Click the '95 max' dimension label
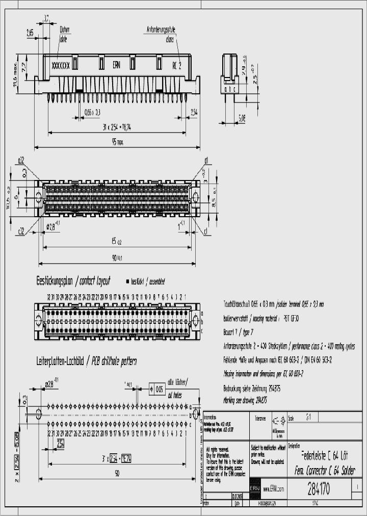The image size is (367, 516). click(117, 143)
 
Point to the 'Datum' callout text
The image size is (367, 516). click(65, 30)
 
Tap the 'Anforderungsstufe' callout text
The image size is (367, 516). click(164, 30)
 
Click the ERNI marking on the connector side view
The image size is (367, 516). click(117, 65)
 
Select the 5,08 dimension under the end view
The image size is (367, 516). click(242, 118)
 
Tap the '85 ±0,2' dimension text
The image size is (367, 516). click(117, 241)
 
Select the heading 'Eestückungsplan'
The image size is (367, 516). click(54, 281)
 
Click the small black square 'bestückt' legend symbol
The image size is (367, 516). click(127, 281)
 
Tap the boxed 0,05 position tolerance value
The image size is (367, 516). click(159, 389)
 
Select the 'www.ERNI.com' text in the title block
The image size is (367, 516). click(273, 489)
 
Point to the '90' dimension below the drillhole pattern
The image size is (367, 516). click(117, 473)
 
